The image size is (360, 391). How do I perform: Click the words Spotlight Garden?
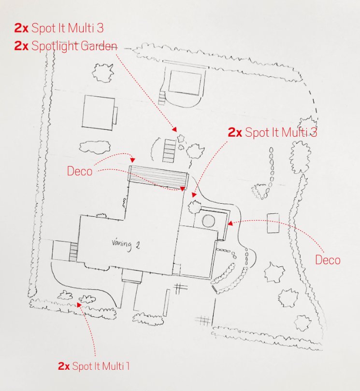pyautogui.click(x=74, y=46)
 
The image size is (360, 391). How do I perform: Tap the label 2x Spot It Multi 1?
pyautogui.click(x=94, y=366)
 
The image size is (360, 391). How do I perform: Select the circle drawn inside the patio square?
pyautogui.click(x=209, y=222)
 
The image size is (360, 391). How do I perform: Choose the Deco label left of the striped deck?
pyautogui.click(x=80, y=171)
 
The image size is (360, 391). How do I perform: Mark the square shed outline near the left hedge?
pyautogui.click(x=99, y=112)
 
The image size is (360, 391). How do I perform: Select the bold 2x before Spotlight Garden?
pyautogui.click(x=22, y=46)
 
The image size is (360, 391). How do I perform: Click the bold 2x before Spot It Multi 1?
pyautogui.click(x=64, y=366)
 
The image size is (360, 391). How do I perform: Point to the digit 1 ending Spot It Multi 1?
pyautogui.click(x=128, y=366)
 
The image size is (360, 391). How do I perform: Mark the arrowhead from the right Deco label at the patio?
pyautogui.click(x=229, y=223)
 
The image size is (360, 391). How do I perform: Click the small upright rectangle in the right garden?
pyautogui.click(x=273, y=223)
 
